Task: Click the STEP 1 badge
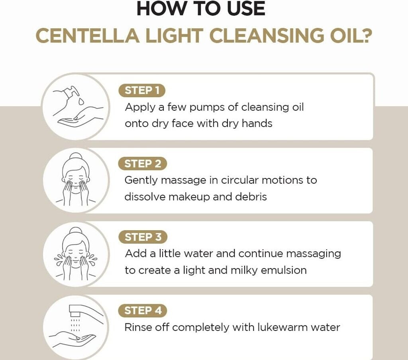click(142, 90)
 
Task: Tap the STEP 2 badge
click(142, 164)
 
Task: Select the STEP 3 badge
click(143, 237)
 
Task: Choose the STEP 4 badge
click(143, 311)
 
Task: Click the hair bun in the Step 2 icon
click(76, 156)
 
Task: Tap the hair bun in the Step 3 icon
click(76, 231)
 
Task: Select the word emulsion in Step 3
click(284, 270)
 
